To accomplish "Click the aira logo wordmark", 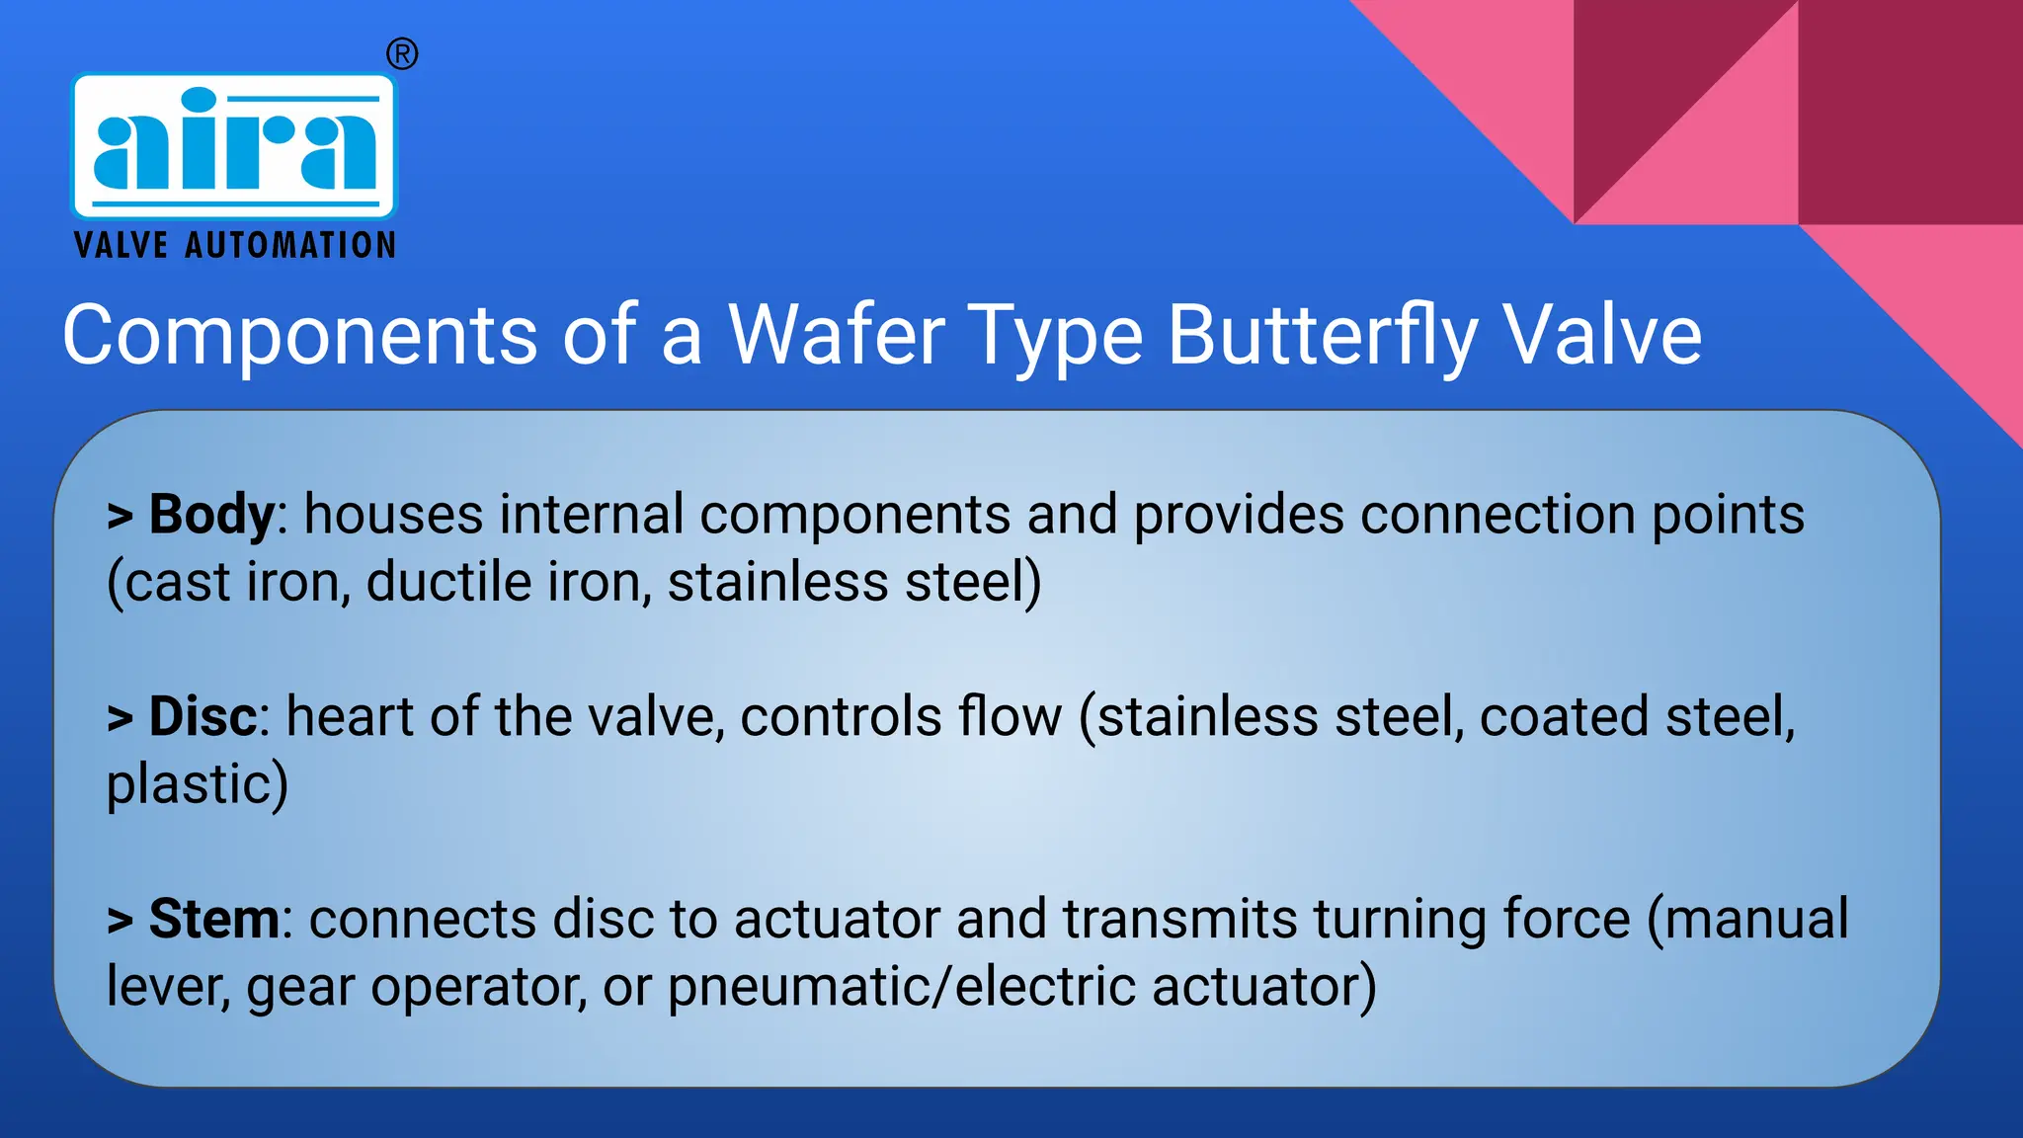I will (234, 145).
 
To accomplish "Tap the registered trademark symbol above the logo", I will (401, 53).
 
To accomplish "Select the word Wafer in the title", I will (836, 335).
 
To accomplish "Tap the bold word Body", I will (210, 515).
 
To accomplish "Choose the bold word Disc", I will (202, 716).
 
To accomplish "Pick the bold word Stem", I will (214, 919).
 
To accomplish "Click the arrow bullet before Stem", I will (120, 921).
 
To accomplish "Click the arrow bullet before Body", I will (120, 517).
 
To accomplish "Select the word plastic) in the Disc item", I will (197, 784).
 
